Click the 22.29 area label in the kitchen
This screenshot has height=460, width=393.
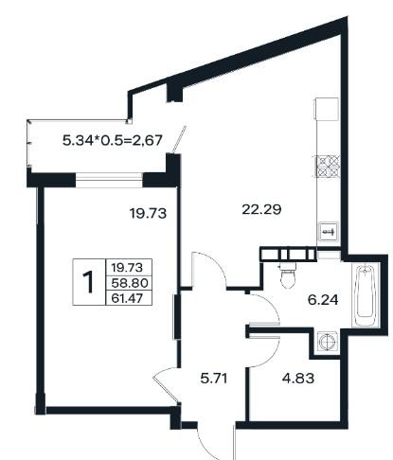(261, 209)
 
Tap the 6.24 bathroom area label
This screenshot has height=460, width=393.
(323, 300)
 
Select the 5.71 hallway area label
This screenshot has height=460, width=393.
(214, 378)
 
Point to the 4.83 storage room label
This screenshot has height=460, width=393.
(298, 378)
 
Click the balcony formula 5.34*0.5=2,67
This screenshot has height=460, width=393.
(113, 140)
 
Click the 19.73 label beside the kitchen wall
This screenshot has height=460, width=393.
(148, 214)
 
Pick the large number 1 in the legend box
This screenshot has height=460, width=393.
(88, 282)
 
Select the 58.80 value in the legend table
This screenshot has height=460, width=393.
(130, 283)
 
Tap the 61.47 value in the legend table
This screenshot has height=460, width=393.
(127, 298)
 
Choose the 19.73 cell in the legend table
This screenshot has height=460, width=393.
(127, 268)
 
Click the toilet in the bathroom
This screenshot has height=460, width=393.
(288, 275)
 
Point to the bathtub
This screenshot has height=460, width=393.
(365, 296)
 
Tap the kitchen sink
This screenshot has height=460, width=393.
(329, 232)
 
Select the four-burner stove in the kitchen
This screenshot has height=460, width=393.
(329, 167)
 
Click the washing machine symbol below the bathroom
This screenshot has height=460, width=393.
(328, 342)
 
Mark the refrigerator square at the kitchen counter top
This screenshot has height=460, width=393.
(326, 109)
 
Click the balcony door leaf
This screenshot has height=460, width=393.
(178, 139)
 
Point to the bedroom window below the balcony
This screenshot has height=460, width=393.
(109, 180)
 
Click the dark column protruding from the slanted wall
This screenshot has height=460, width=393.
(174, 93)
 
